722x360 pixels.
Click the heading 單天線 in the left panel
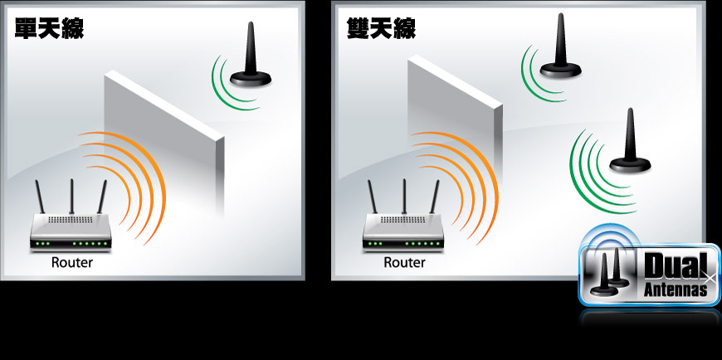coord(49,28)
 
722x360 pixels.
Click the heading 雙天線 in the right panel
coord(381,28)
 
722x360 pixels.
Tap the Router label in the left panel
coord(72,263)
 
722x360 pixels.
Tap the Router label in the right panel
coord(404,263)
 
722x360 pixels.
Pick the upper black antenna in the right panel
coord(560,46)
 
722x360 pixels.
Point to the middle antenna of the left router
coord(71,197)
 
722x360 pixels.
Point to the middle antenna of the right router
coord(404,197)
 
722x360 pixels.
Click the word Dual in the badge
coord(676,266)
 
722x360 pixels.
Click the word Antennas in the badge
coord(676,290)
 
